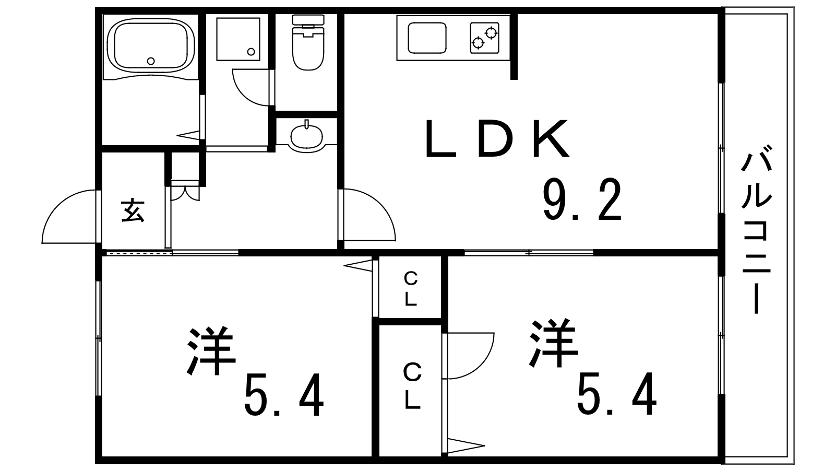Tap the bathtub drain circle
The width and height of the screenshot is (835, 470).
(151, 61)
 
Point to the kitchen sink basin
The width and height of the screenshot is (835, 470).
(427, 38)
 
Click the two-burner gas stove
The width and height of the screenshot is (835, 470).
(484, 38)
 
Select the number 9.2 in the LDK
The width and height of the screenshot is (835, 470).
(582, 200)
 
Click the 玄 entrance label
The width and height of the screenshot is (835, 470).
(133, 210)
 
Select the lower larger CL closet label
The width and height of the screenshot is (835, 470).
(412, 386)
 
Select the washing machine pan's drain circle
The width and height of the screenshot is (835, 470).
(251, 52)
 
